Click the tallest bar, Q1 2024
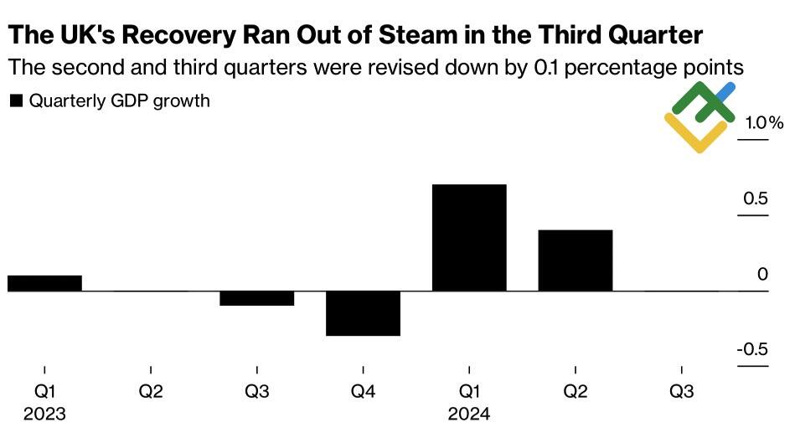click(469, 238)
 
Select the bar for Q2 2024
click(576, 260)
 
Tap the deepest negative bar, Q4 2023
click(363, 313)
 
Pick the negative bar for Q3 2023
click(256, 298)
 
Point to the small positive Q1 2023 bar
click(44, 283)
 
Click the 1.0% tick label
click(763, 124)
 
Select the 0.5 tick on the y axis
click(756, 199)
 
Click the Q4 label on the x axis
click(363, 391)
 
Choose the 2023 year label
click(44, 414)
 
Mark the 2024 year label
click(469, 414)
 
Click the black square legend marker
click(15, 101)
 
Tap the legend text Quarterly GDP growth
click(119, 101)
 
